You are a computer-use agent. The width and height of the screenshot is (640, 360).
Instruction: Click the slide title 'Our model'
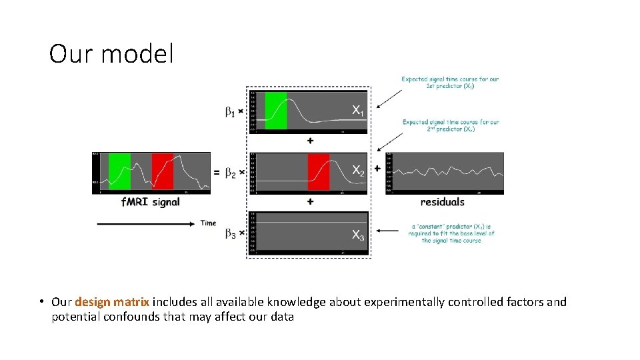pos(111,54)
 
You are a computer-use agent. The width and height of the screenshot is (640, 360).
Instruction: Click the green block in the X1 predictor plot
pos(276,111)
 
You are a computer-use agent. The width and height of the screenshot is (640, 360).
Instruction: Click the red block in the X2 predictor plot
pos(318,171)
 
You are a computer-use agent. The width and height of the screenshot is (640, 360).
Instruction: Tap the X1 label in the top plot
pos(358,109)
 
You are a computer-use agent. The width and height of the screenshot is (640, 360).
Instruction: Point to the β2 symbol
pos(231,173)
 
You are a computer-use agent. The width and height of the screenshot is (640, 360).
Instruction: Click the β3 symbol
pos(231,234)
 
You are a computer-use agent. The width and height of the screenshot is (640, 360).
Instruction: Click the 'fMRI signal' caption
pos(150,202)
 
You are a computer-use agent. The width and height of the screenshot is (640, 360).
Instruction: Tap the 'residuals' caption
pos(443,202)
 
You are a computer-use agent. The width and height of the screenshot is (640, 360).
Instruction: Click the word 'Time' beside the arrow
pos(209,223)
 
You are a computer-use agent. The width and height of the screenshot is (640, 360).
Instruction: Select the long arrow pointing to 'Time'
pos(147,224)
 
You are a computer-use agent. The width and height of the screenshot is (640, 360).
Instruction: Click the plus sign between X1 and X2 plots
pos(310,141)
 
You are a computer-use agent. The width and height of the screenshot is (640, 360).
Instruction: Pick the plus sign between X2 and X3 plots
pos(310,201)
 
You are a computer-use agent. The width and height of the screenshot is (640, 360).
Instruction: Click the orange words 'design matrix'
pos(112,302)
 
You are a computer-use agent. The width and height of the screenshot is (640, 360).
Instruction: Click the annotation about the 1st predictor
pos(450,83)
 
